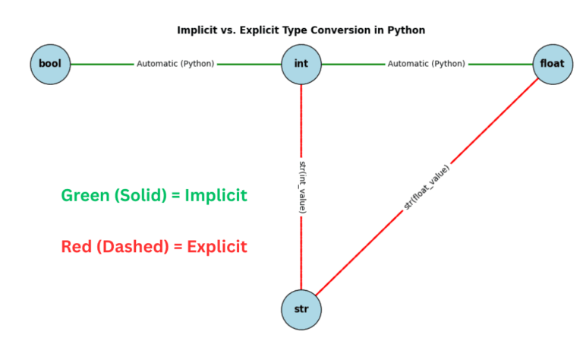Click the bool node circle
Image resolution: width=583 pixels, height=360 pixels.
(x=50, y=64)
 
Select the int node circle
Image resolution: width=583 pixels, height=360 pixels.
(x=301, y=64)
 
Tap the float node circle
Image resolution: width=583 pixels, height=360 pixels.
(x=552, y=64)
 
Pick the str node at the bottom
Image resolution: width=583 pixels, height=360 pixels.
(x=301, y=309)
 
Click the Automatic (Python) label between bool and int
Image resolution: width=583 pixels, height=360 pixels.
(x=175, y=64)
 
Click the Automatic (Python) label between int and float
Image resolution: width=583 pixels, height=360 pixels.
(x=426, y=64)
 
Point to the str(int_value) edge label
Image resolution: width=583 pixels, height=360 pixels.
(x=301, y=186)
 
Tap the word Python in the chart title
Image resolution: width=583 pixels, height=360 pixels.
(x=407, y=30)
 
